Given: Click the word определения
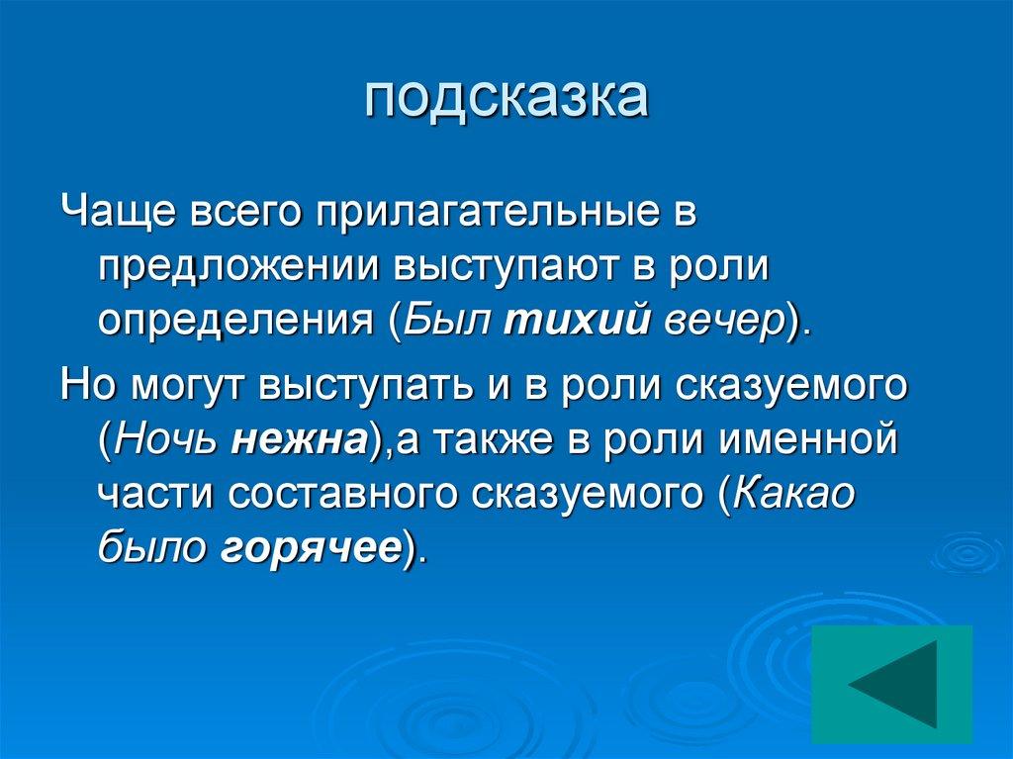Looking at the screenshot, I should [x=237, y=323].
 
